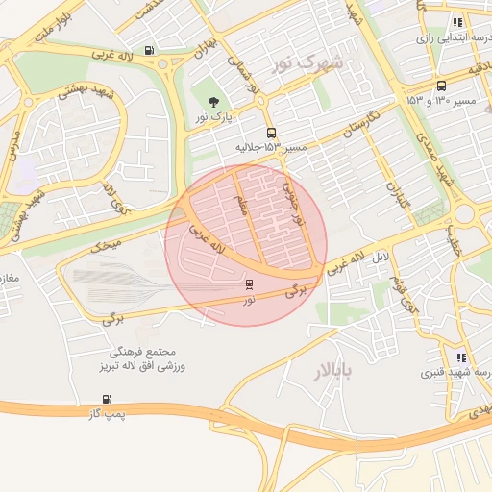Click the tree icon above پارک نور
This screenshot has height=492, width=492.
tap(212, 101)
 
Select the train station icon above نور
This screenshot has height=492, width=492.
tap(250, 284)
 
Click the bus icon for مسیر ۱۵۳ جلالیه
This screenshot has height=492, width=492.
tap(271, 134)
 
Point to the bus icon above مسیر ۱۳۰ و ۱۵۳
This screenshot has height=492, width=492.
tap(440, 86)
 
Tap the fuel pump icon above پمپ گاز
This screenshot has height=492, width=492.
tap(106, 399)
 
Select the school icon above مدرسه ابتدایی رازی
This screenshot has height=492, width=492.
tap(457, 22)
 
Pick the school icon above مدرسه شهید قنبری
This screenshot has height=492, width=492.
tap(462, 357)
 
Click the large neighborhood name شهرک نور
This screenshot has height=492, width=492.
tap(320, 65)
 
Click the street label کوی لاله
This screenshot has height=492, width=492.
tap(118, 203)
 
